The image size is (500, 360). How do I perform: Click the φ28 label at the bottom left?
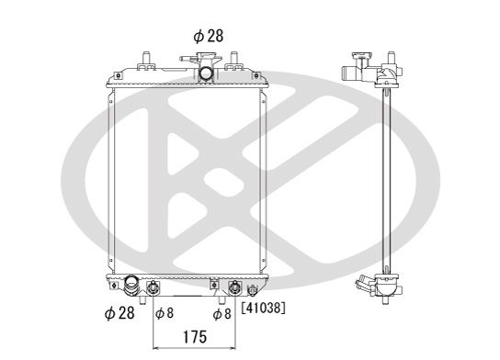120,314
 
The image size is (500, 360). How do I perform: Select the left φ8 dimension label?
164,314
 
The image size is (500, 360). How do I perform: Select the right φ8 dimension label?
222,314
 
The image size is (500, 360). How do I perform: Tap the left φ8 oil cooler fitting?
153,287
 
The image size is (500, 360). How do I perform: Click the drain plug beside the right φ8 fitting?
251,290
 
